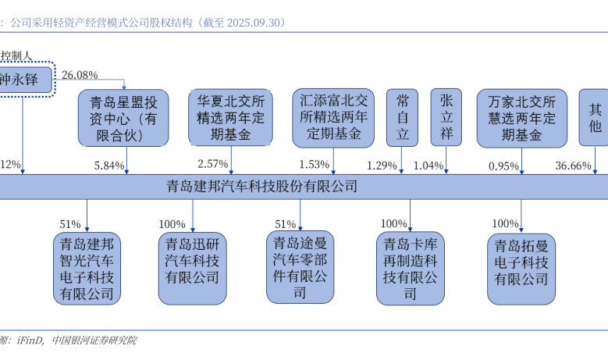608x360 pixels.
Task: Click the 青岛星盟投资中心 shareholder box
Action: click(123, 118)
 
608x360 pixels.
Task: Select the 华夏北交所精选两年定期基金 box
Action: click(230, 118)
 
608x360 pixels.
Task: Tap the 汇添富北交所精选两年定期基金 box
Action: click(334, 117)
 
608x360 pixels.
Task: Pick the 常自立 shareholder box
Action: click(403, 117)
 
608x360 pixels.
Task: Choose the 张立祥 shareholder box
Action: click(446, 117)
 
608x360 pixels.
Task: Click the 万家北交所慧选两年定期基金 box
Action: click(521, 118)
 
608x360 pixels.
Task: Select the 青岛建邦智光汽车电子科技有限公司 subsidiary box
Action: click(87, 269)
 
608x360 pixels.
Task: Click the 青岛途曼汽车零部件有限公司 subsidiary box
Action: click(300, 266)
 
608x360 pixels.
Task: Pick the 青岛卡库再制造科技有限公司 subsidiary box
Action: click(410, 268)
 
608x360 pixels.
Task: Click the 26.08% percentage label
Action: click(80, 75)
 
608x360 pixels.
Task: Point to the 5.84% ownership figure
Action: click(109, 166)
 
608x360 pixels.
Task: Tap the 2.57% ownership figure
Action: click(213, 165)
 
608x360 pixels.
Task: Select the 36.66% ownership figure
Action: click(573, 166)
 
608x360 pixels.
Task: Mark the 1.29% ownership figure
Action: click(382, 166)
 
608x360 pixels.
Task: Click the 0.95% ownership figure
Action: click(504, 166)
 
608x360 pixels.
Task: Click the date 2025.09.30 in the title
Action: click(253, 23)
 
